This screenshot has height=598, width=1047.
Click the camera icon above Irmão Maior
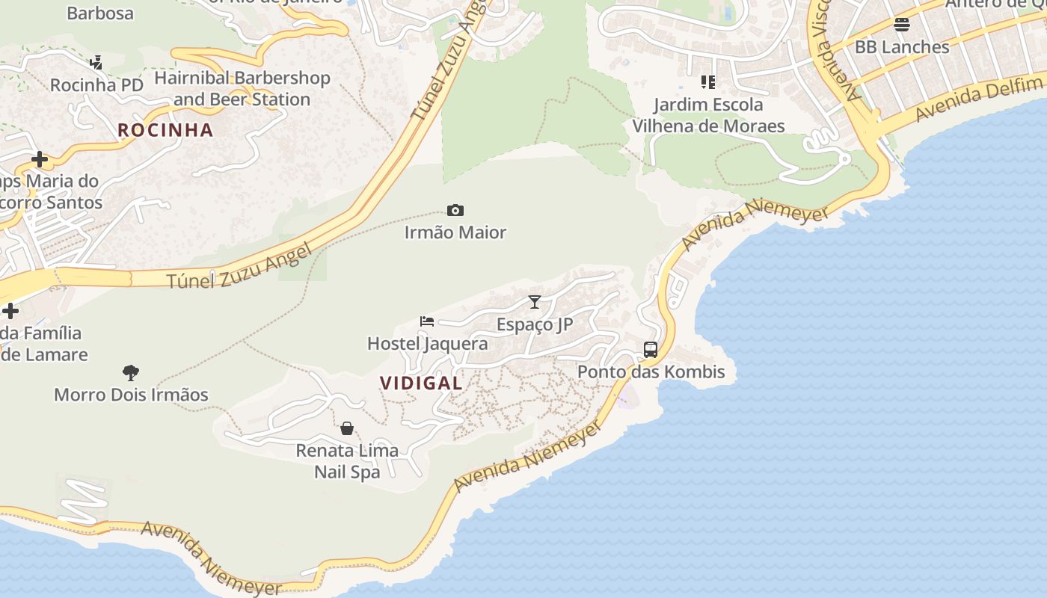pos(455,211)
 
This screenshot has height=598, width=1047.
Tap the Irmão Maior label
pos(455,232)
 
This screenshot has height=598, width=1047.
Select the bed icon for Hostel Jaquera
pos(427,321)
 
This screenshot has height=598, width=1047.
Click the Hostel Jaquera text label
pos(427,344)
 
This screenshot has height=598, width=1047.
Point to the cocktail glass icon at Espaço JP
pos(535,302)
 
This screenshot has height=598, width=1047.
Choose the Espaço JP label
pos(535,324)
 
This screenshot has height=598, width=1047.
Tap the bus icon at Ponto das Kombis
pos(651,349)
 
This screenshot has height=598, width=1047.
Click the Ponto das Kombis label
pos(651,372)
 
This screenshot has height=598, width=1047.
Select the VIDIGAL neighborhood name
pos(421,383)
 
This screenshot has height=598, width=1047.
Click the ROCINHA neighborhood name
pos(165,130)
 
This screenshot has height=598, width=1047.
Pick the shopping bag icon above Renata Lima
pos(347,428)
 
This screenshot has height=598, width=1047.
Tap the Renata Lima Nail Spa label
pos(347,461)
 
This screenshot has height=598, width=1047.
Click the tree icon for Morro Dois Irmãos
pos(131,372)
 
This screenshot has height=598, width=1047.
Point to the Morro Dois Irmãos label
pos(131,395)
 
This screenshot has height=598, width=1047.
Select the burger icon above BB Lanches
pos(902,25)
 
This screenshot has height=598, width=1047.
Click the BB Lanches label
pos(902,47)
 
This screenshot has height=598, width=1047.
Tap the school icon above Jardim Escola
pos(707,81)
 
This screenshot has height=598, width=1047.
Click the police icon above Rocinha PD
pos(96,63)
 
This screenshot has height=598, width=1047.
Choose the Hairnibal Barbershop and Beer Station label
pos(242,89)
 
